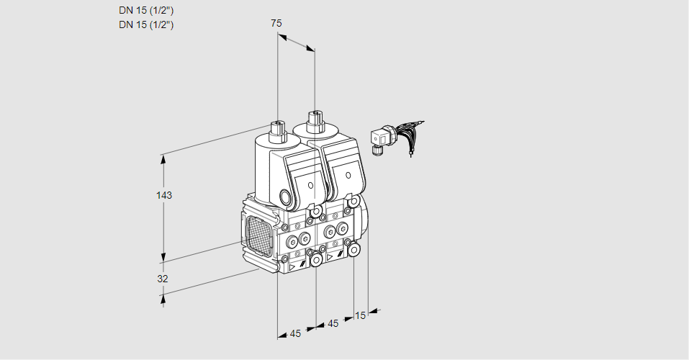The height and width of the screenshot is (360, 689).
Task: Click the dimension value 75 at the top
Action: pyautogui.click(x=276, y=23)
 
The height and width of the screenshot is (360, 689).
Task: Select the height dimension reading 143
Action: pyautogui.click(x=166, y=195)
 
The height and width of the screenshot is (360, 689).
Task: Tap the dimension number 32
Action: pyautogui.click(x=163, y=279)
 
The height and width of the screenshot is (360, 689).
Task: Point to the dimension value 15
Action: pyautogui.click(x=361, y=315)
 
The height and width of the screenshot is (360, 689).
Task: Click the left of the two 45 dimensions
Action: pyautogui.click(x=295, y=333)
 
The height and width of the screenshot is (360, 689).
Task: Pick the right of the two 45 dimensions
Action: pyautogui.click(x=333, y=323)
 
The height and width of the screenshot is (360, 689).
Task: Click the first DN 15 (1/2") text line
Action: pyautogui.click(x=146, y=10)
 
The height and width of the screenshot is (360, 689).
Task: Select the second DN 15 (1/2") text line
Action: pyautogui.click(x=146, y=24)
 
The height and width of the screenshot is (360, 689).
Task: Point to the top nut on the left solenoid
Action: pyautogui.click(x=276, y=131)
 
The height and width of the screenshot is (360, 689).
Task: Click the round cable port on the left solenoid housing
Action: pyautogui.click(x=287, y=198)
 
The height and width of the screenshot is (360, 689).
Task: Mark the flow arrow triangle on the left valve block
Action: pyautogui.click(x=292, y=267)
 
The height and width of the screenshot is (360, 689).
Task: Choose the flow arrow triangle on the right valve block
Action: pyautogui.click(x=330, y=256)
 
